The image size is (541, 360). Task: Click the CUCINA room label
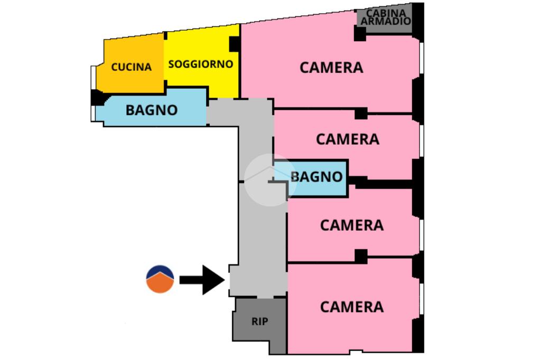pos(131,67)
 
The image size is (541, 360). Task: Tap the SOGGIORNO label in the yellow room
pos(200,64)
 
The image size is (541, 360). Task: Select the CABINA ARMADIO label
pos(386,16)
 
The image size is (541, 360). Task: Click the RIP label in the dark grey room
pos(259,321)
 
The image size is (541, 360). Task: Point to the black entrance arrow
pos(202,280)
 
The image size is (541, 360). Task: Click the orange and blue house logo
pos(160,280)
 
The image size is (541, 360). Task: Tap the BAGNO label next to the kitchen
pos(152,110)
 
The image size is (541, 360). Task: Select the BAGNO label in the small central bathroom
pos(316,176)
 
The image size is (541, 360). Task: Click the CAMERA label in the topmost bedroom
pos(331,68)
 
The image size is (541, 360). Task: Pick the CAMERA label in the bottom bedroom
pos(351,307)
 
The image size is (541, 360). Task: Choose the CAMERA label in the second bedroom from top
pos(347,139)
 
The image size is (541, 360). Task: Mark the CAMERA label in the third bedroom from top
pos(351,225)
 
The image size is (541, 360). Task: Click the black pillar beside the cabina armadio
pos(360,34)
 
